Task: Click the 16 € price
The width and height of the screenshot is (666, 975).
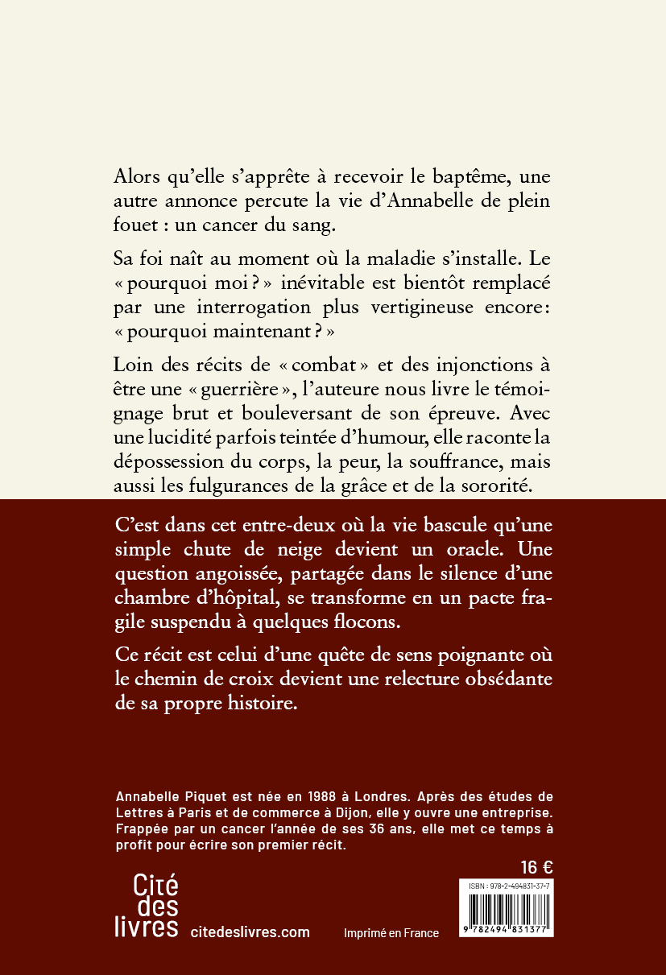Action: click(x=536, y=867)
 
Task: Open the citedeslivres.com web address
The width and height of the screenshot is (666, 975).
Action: click(x=250, y=932)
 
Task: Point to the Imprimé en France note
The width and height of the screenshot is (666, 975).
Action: click(x=391, y=933)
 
